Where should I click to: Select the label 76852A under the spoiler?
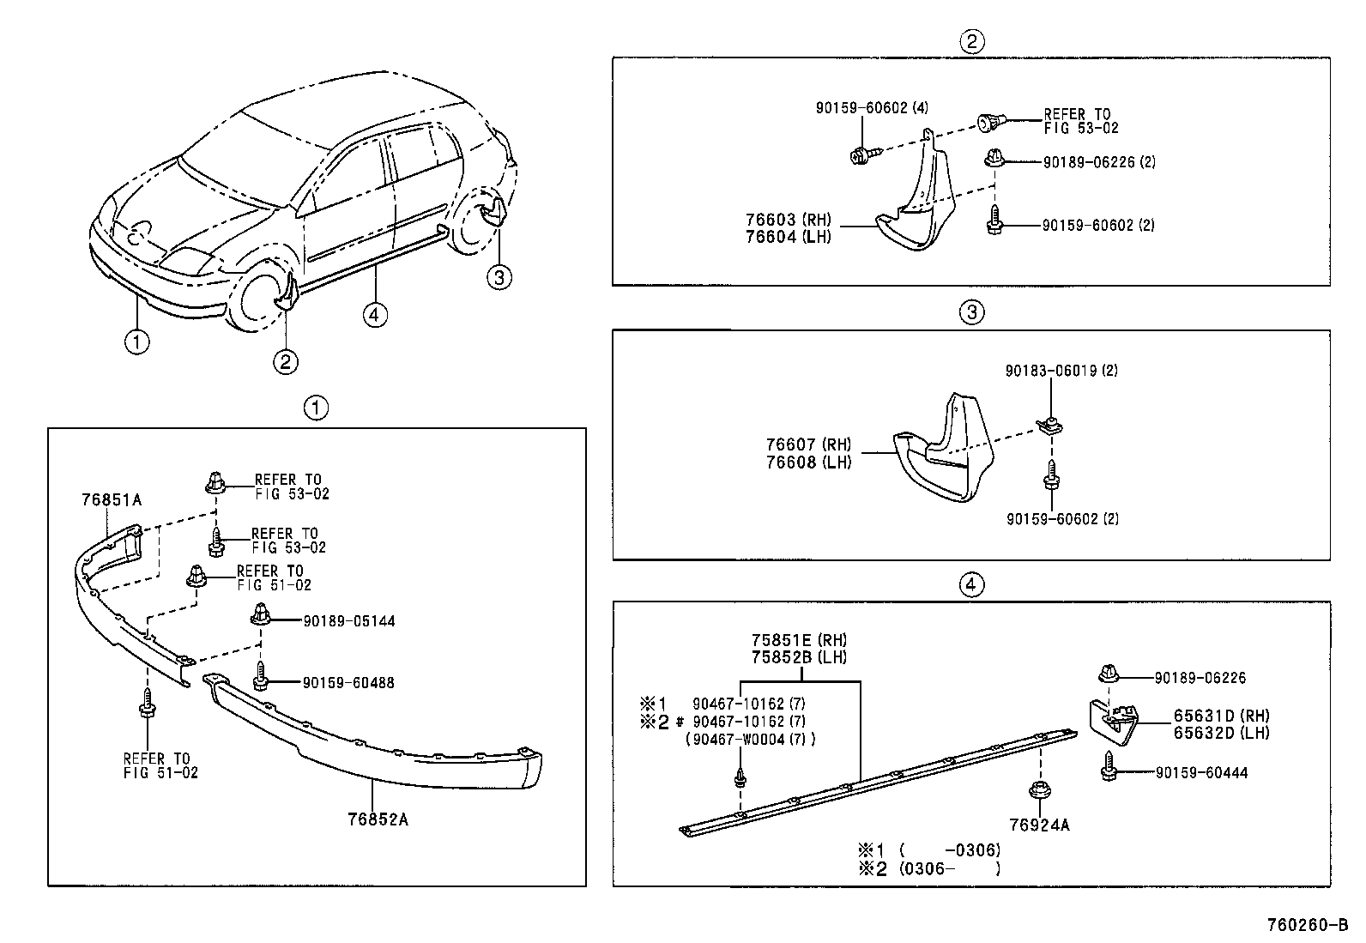coord(378,819)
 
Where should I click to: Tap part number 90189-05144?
coord(348,621)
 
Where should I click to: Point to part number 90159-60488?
coord(348,683)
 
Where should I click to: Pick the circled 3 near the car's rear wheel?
coord(499,276)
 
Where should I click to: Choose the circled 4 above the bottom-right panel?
coord(970,585)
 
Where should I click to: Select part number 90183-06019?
coord(1061,371)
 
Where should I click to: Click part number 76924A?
coord(1039,825)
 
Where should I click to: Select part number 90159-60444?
coord(1201,773)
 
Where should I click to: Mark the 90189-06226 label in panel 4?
coord(1200,678)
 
